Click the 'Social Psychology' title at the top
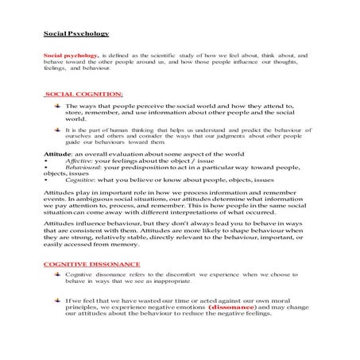pos(75,34)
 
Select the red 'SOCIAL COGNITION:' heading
pos(83,94)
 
